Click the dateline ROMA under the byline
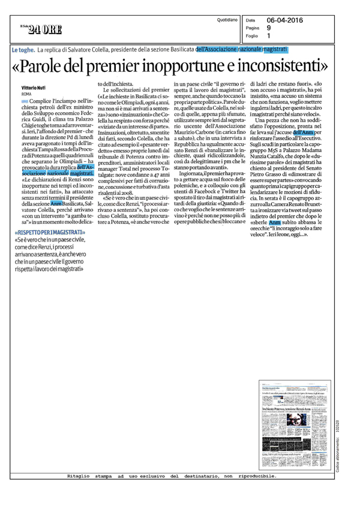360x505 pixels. [x=26, y=94]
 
